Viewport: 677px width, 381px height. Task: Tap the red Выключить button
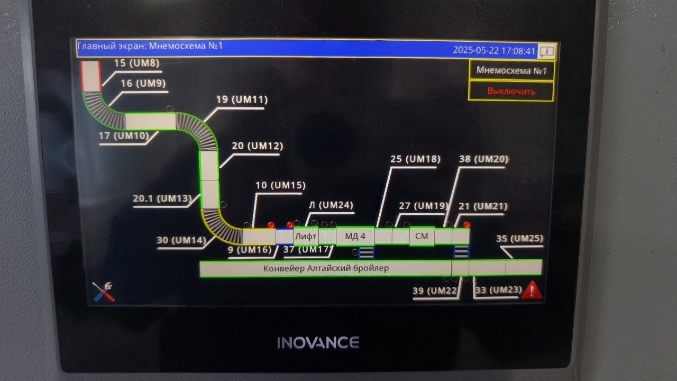click(511, 92)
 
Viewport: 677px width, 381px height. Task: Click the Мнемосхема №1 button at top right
click(511, 71)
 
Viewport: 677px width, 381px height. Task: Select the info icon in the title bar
click(547, 51)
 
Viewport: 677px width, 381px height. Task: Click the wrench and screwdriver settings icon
click(104, 292)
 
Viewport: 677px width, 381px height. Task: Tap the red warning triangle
click(532, 291)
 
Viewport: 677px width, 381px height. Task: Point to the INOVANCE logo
click(318, 342)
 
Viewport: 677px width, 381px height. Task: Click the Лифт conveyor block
click(306, 237)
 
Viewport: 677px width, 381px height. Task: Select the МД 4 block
click(355, 236)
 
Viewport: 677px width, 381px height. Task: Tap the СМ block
click(422, 236)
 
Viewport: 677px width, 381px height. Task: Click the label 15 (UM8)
click(136, 63)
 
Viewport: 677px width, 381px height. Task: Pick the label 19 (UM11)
click(242, 99)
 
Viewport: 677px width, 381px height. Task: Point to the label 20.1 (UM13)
click(162, 198)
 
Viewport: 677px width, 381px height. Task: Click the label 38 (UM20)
click(483, 159)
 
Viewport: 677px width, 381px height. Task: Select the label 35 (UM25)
click(519, 239)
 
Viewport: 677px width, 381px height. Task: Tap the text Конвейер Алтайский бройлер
click(326, 268)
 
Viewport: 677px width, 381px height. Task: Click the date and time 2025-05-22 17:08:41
click(494, 50)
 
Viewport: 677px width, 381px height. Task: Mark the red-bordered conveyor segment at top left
click(90, 76)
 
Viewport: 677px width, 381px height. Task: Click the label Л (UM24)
click(331, 205)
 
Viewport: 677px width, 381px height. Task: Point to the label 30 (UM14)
click(181, 240)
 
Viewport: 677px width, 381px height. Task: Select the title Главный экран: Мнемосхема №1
click(150, 46)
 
